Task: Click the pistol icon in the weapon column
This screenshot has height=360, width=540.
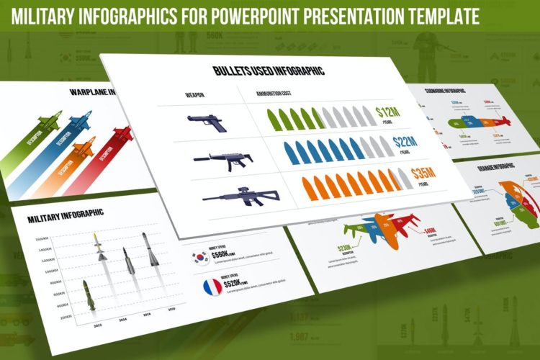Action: pyautogui.click(x=207, y=122)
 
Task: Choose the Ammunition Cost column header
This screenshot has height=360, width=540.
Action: pyautogui.click(x=276, y=94)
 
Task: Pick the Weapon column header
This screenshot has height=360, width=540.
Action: pyautogui.click(x=195, y=94)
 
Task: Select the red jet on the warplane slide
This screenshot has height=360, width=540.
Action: pyautogui.click(x=122, y=135)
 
